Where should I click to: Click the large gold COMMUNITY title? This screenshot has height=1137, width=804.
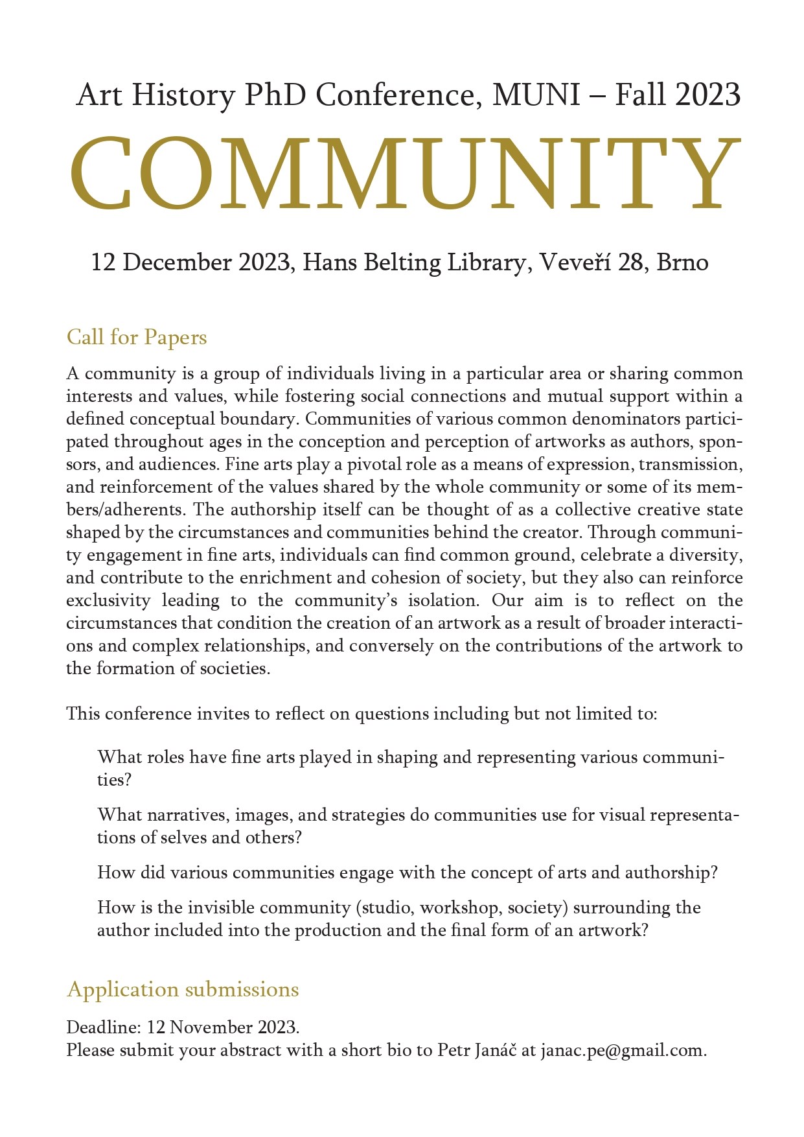(x=404, y=173)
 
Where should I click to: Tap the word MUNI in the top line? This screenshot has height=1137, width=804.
(x=536, y=95)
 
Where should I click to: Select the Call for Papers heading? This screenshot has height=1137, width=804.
(x=137, y=337)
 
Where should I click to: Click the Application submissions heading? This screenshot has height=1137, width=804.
(x=183, y=989)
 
